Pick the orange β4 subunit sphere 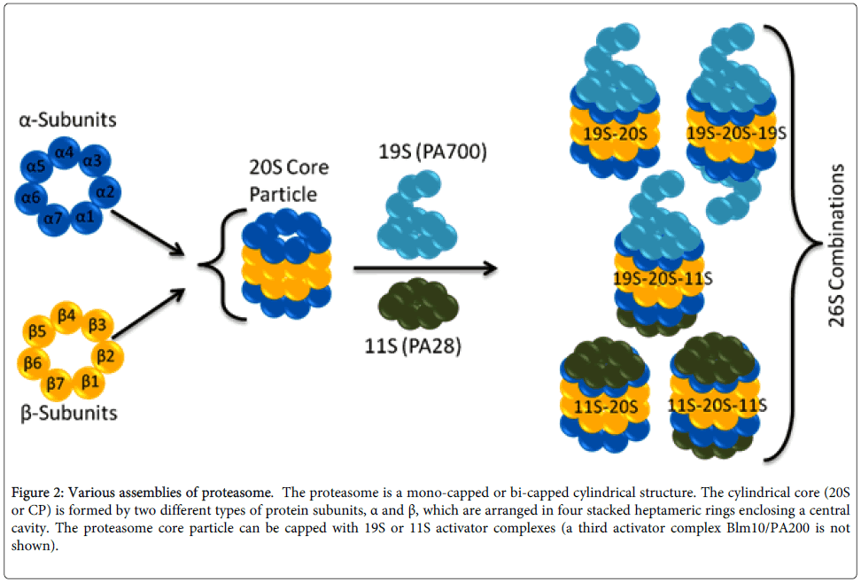pos(66,314)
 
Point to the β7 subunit pos(55,383)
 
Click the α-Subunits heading pos(69,120)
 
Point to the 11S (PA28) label pos(420,346)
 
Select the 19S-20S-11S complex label pos(663,278)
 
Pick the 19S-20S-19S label pos(737,132)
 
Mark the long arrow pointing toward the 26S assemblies pos(421,267)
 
